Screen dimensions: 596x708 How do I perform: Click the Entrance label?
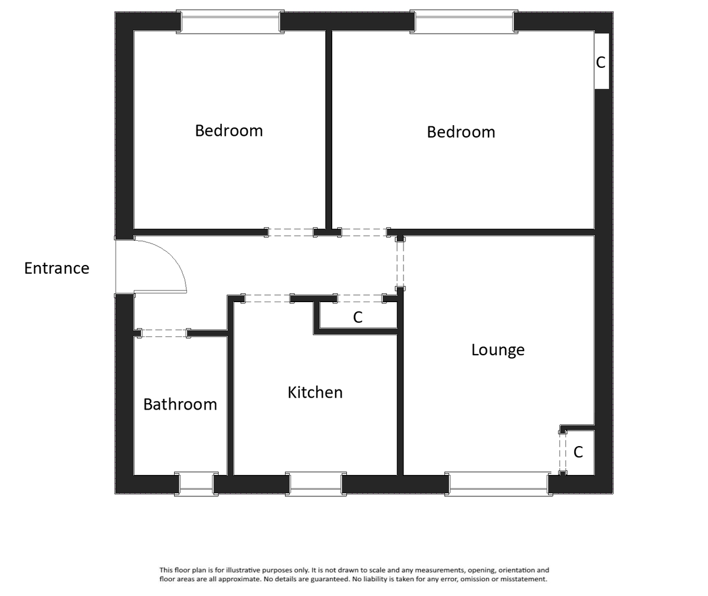57,268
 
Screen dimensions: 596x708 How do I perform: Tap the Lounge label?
498,350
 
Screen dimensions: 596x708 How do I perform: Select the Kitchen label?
315,392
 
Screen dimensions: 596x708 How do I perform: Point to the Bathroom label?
180,405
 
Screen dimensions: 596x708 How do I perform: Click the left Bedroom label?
229,130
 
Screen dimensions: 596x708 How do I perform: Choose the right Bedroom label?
461,132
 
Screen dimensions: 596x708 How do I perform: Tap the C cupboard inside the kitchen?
358,317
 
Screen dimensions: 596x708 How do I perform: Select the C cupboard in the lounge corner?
578,452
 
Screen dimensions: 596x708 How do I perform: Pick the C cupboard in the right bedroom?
601,61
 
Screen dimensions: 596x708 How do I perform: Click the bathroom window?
196,483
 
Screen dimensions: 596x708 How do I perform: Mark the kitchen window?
316,483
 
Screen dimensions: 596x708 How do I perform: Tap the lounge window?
499,483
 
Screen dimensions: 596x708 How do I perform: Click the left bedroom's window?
230,22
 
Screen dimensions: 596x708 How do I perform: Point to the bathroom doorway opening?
164,333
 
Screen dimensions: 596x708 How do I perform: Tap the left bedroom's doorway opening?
291,232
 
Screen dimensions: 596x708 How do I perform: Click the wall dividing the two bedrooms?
329,130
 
